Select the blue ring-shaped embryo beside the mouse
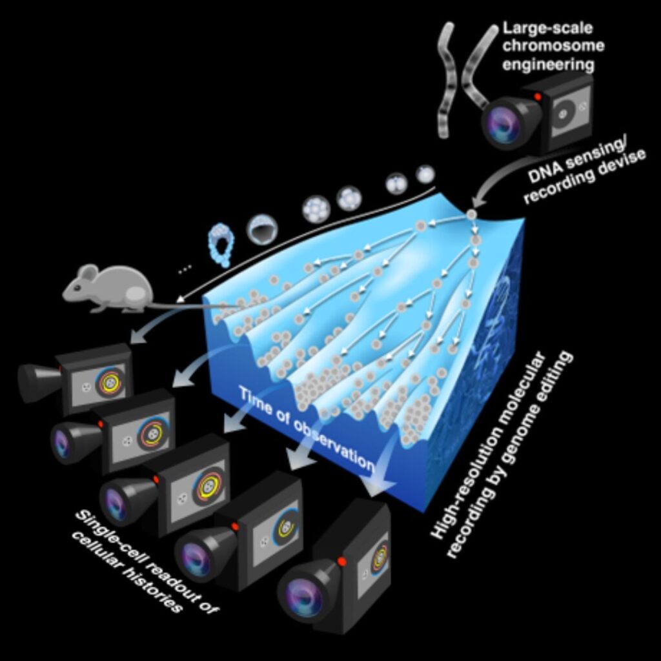[221, 245]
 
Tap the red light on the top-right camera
[537, 97]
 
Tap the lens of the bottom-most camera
[303, 597]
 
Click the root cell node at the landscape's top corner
[471, 214]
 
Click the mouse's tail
[187, 305]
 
